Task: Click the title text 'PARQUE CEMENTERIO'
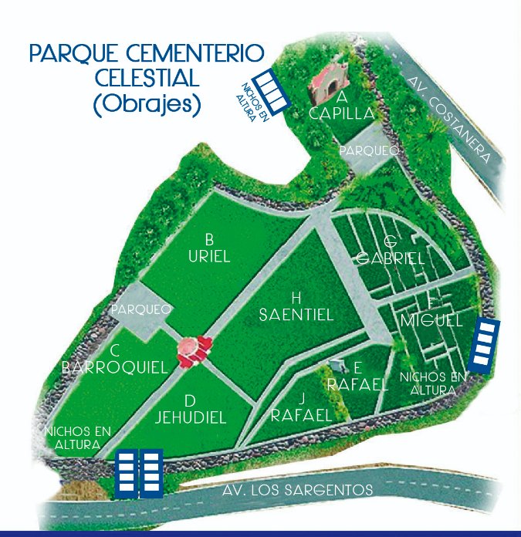point(146,55)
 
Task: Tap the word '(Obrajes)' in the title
point(146,104)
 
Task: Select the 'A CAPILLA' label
point(341,106)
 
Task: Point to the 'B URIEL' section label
point(209,248)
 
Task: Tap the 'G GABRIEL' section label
point(391,251)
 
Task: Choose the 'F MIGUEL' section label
point(432,312)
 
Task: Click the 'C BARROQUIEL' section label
point(114,359)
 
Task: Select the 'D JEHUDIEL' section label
point(190,410)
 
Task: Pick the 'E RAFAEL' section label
point(357,377)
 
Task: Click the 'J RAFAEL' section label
point(301,407)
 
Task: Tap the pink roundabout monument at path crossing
point(193,350)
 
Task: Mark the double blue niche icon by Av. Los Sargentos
point(139,472)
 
